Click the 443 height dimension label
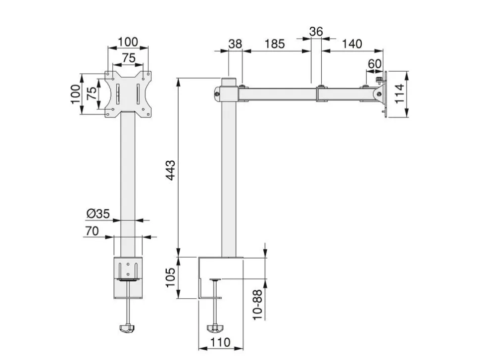(170, 170)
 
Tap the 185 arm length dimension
(275, 44)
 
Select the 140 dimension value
(352, 44)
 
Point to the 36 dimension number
(316, 32)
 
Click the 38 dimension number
(236, 44)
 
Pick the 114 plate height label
(399, 93)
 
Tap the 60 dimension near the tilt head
(375, 64)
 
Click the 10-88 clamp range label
(258, 305)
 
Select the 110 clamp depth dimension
(220, 342)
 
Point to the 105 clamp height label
(170, 277)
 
